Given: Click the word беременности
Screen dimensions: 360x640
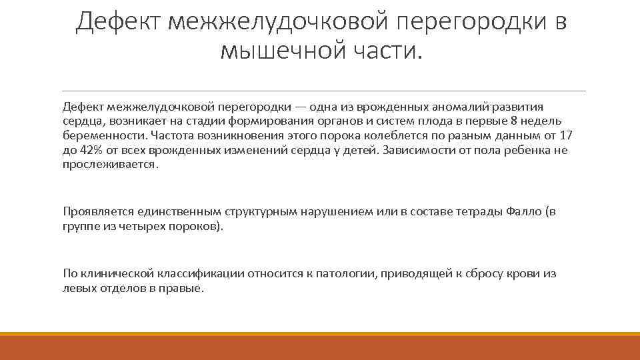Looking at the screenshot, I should tap(97, 135).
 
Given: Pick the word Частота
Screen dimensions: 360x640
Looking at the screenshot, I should tap(158, 135).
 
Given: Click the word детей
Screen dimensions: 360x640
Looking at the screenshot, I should tap(361, 150).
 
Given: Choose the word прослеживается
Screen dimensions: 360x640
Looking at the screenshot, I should tap(111, 165).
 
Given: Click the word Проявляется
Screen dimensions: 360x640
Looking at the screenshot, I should tap(98, 212).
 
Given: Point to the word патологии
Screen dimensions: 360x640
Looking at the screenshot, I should tap(342, 274).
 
